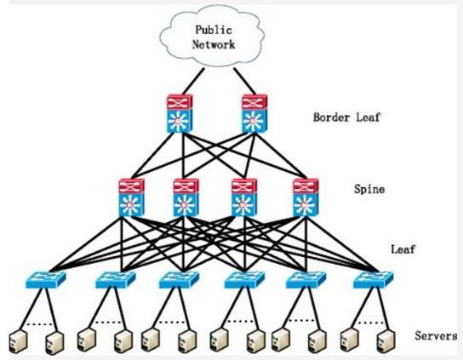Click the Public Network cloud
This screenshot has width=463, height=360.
tap(211, 37)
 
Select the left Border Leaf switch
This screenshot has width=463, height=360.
tap(180, 114)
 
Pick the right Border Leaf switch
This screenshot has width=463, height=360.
tap(254, 114)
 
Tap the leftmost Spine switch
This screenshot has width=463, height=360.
tap(132, 197)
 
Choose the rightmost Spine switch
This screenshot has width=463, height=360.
tap(306, 197)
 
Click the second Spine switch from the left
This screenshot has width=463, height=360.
tap(186, 197)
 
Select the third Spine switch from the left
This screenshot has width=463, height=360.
tap(244, 197)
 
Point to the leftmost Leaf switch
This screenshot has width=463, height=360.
tap(46, 280)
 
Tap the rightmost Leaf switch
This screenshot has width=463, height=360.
tap(374, 280)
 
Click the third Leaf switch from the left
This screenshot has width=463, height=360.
tap(179, 280)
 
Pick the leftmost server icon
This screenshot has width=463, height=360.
tap(19, 342)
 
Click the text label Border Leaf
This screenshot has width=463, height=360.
tap(346, 117)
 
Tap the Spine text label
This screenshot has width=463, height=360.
tap(369, 189)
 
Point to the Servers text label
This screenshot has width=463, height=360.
tap(436, 336)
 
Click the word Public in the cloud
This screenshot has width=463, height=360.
tap(214, 30)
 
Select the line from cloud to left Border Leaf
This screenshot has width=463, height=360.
tap(193, 81)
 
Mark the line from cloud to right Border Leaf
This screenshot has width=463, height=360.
tap(245, 81)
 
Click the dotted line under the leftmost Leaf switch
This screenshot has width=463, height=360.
tap(39, 324)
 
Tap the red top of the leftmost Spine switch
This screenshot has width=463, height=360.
tap(132, 186)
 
